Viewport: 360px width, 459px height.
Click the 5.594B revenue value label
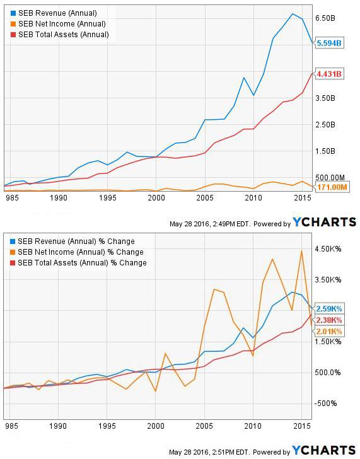(x=329, y=44)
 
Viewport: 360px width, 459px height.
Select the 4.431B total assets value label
(x=329, y=74)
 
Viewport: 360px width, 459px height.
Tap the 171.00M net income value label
(x=331, y=188)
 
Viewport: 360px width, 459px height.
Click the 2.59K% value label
(x=329, y=308)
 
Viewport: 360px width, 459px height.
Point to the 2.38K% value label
(x=329, y=320)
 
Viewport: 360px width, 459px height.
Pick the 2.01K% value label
(x=329, y=331)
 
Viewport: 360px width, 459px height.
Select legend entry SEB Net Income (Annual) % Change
(x=79, y=252)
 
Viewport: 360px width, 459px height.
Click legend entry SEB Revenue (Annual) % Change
(x=75, y=241)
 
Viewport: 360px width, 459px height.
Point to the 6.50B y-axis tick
(x=328, y=19)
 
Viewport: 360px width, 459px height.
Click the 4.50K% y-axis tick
(x=329, y=249)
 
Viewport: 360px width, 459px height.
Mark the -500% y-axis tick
(x=328, y=404)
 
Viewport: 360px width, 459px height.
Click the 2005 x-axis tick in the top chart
(x=204, y=198)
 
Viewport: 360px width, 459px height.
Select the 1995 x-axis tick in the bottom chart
(x=107, y=426)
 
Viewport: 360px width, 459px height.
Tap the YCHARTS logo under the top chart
(x=324, y=222)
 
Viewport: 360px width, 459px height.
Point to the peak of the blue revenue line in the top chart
(x=292, y=14)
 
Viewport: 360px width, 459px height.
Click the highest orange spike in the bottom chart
(x=301, y=250)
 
